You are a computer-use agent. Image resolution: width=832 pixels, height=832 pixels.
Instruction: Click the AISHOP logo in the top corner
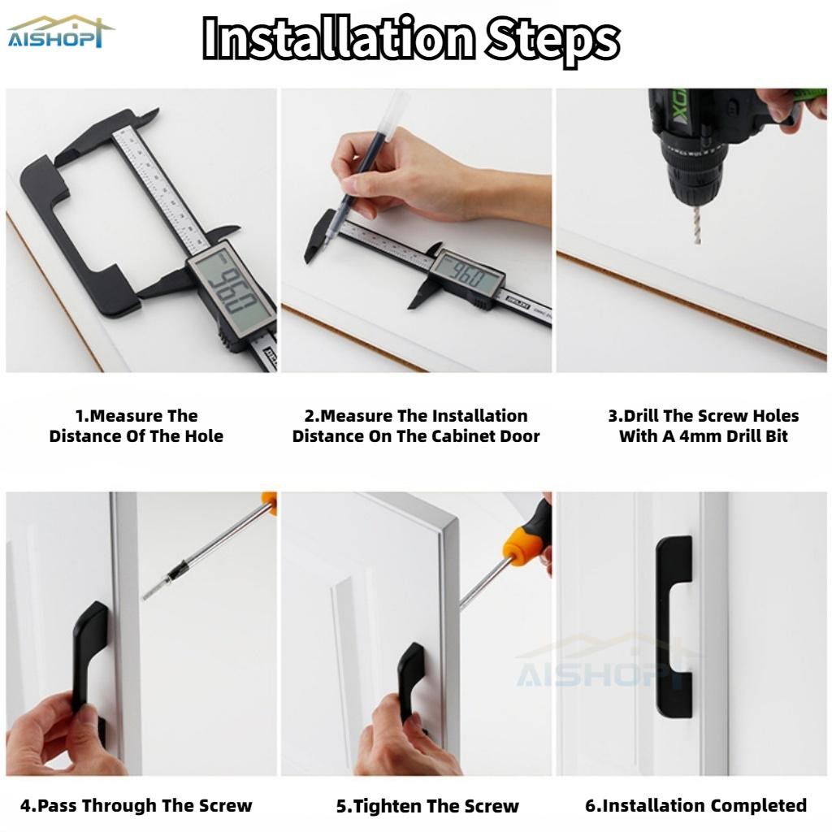pyautogui.click(x=60, y=32)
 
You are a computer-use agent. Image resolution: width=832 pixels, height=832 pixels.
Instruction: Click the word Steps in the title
pyautogui.click(x=552, y=39)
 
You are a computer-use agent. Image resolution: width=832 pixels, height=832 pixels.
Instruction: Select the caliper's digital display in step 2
pyautogui.click(x=466, y=275)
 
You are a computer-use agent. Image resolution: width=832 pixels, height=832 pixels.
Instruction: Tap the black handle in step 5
pyautogui.click(x=409, y=674)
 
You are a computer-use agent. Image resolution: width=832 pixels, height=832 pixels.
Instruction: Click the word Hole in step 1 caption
pyautogui.click(x=204, y=436)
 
